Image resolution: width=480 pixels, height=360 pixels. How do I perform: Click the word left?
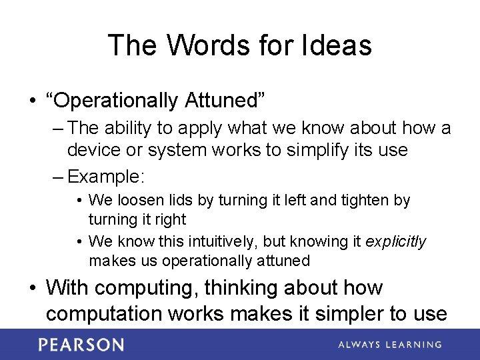pyautogui.click(x=287, y=200)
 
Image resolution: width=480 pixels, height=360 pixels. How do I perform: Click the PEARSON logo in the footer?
pyautogui.click(x=81, y=345)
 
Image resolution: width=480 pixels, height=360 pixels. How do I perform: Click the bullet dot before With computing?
pyautogui.click(x=32, y=289)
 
